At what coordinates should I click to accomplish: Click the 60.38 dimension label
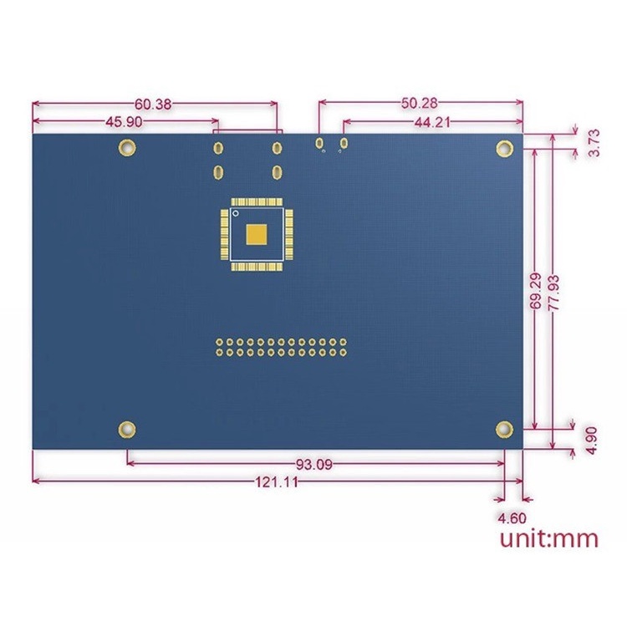[153, 104]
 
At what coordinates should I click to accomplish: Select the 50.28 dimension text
[419, 104]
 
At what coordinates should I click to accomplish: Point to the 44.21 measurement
[432, 121]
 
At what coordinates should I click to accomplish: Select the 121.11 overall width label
[275, 482]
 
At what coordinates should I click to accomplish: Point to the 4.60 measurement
[512, 517]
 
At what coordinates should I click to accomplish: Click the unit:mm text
[549, 538]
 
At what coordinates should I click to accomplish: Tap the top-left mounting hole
[125, 148]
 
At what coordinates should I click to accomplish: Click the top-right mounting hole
[504, 148]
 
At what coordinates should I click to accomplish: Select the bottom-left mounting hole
[125, 429]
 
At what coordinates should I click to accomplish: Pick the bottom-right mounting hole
[504, 429]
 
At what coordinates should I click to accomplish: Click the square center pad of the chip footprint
[257, 235]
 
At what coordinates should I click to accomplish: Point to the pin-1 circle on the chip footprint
[236, 215]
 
